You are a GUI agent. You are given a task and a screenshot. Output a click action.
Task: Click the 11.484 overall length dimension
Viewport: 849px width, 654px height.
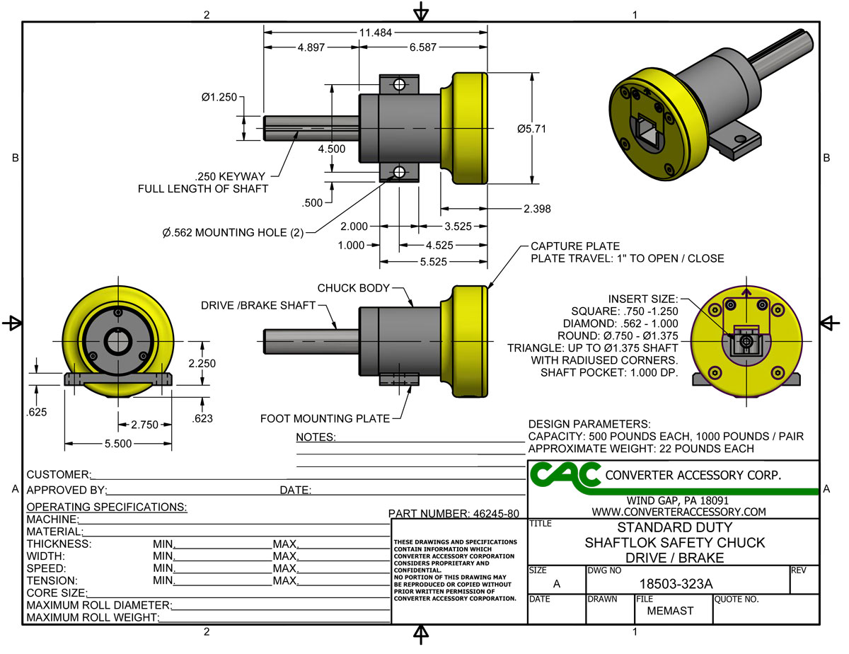(375, 33)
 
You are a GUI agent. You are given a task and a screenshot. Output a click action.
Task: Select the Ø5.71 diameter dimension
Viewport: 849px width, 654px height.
(531, 129)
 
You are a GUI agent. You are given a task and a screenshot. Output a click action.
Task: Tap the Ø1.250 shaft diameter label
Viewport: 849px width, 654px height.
(218, 98)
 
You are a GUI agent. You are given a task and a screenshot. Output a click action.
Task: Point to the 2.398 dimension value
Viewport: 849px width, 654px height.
(537, 209)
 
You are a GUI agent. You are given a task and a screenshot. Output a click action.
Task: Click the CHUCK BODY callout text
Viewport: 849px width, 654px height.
(354, 288)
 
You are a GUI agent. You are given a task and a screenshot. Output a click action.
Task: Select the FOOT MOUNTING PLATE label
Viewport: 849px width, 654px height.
(325, 418)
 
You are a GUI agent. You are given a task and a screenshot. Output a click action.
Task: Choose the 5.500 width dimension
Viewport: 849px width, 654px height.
(117, 444)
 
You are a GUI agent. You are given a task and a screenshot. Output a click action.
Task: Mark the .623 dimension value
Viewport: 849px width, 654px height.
(204, 419)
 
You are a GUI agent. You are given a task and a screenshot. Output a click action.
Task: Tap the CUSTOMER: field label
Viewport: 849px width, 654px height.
(59, 474)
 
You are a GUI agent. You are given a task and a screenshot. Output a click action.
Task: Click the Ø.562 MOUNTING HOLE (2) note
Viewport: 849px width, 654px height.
(232, 232)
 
